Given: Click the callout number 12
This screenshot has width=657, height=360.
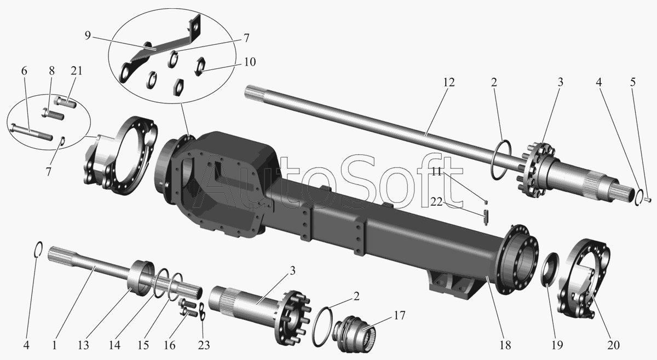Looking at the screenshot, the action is point(448,83).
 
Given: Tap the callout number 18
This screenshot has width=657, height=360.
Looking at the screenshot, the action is point(505,345).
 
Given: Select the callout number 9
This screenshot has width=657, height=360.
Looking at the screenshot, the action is point(88,36).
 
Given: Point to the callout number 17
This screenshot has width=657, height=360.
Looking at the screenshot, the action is point(399,316).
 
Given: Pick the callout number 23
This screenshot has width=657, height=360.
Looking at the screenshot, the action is point(204,345).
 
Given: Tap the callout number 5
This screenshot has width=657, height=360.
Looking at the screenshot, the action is point(633,83).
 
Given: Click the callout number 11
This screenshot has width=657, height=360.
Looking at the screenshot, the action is point(437,172).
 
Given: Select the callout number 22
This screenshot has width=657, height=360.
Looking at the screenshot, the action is point(436,202).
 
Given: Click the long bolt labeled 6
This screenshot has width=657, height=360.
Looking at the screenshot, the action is point(32,132).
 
